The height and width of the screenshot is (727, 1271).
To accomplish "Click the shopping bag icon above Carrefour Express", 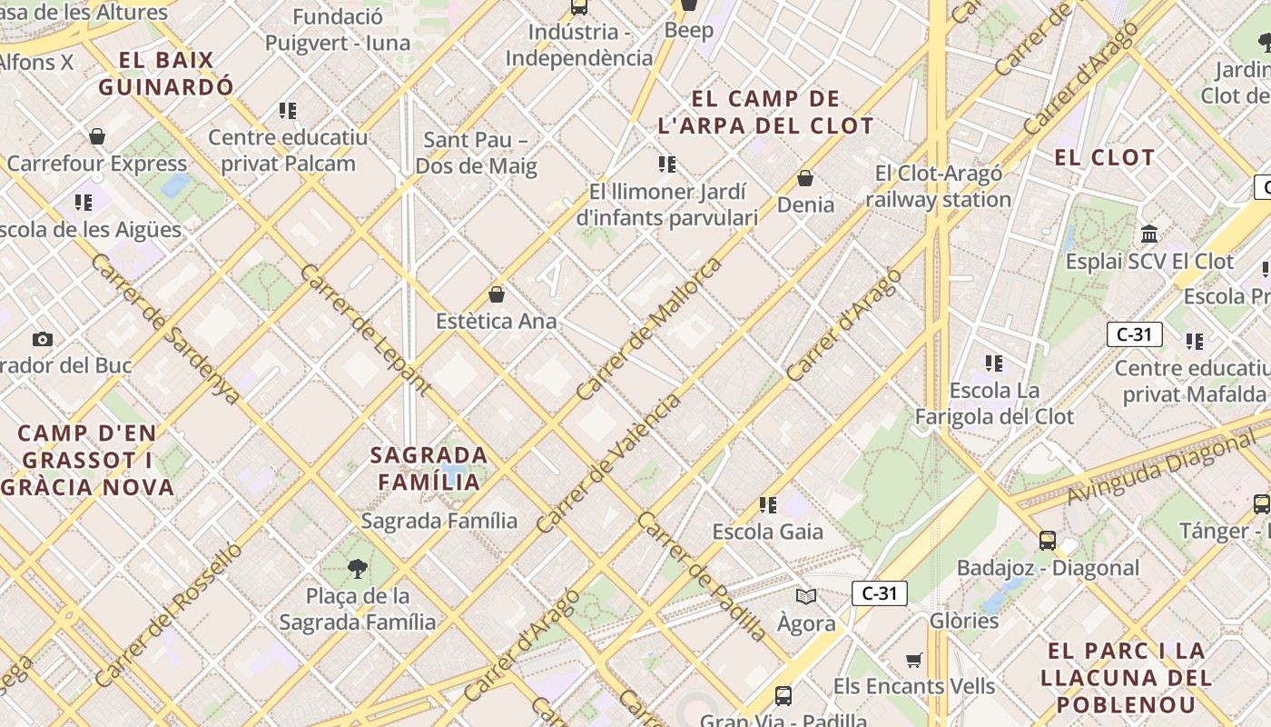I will click(97, 136).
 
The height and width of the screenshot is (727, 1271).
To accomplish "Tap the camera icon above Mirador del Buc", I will click(43, 340).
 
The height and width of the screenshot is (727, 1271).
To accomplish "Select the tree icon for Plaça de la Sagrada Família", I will click(358, 569).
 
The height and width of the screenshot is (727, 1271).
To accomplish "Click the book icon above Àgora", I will click(805, 596).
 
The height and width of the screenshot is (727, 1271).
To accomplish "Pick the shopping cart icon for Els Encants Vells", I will click(914, 660).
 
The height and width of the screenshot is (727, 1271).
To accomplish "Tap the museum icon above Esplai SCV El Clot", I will click(1149, 234).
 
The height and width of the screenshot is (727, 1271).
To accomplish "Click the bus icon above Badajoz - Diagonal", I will click(1047, 541).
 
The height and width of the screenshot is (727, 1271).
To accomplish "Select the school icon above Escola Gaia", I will click(768, 504).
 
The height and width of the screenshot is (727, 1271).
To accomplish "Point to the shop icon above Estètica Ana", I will click(497, 294).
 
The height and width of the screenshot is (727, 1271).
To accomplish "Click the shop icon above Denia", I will click(805, 178).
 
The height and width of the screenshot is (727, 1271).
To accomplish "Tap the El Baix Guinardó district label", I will click(166, 74).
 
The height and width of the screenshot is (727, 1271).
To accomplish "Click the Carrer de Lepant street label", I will click(364, 330).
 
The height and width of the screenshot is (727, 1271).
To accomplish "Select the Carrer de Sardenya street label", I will click(165, 329).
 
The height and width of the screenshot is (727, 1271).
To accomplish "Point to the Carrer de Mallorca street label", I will click(649, 328).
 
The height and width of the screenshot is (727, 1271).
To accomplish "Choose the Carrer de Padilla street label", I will click(701, 576).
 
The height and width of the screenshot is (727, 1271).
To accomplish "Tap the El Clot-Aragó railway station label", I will click(939, 186).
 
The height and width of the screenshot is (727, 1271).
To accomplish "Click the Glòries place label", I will click(964, 621).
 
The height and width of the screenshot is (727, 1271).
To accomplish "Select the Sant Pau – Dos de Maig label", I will click(477, 153).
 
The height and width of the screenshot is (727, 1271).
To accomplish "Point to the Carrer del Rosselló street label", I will click(169, 613).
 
